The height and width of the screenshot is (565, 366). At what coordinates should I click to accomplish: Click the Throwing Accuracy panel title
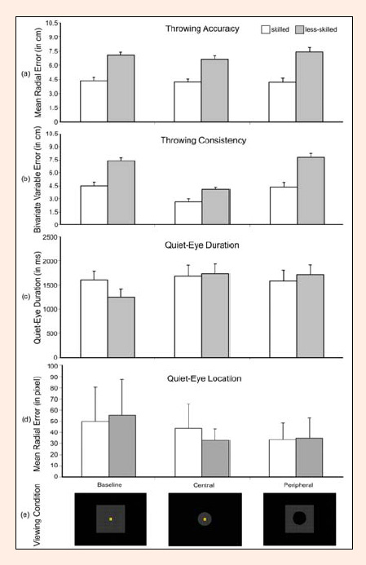coord(202,29)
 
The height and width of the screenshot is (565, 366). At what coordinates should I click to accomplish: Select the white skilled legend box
coord(266,29)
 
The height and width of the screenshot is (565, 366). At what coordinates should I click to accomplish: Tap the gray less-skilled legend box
coord(299,29)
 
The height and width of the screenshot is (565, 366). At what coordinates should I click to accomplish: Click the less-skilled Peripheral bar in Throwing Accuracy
coord(309,87)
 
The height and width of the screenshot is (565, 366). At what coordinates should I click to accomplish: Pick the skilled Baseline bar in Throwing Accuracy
coord(94,101)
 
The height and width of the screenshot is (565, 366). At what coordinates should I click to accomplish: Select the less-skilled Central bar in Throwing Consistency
coord(216,207)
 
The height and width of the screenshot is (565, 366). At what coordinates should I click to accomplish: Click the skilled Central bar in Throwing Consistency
coord(188,213)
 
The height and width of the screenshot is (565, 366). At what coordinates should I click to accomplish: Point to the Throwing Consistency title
coord(204,140)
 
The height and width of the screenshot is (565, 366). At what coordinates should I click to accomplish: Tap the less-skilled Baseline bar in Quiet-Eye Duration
coord(121,327)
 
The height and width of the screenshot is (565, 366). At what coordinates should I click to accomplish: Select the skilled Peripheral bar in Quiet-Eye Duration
coord(283,320)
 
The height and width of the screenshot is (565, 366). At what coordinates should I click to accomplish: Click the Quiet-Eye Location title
coord(205,379)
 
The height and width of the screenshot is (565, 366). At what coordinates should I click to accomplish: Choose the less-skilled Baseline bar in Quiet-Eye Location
coord(122,446)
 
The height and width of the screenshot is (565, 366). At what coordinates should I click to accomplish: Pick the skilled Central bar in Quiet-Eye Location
coord(188,452)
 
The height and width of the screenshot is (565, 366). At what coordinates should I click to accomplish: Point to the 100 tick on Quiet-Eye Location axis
coord(53,366)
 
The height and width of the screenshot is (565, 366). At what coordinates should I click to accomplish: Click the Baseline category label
coord(109,484)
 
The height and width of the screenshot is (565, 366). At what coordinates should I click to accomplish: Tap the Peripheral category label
coord(298,485)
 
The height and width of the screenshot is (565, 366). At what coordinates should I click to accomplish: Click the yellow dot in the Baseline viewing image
coord(111,519)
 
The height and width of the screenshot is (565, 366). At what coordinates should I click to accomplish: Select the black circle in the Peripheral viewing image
coord(299,519)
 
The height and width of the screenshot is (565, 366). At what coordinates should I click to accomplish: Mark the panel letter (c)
coord(25,297)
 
